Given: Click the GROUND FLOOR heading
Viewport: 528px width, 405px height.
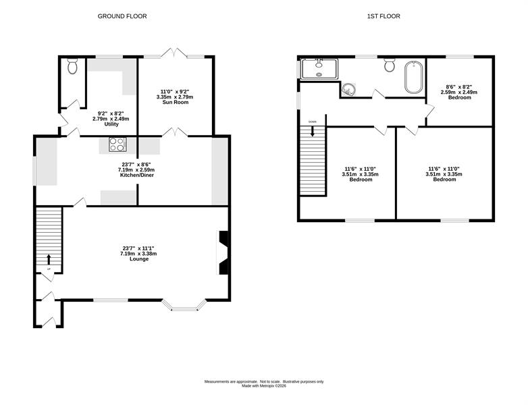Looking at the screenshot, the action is pos(122,16).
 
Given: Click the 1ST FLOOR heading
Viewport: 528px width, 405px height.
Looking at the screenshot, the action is pos(384,16).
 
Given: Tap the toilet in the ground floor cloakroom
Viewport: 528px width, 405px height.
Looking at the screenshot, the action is pos(72,66).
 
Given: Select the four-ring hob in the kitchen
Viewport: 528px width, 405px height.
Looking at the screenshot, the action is pos(117,144).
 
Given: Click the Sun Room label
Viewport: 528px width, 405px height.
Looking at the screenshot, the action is pos(176,103).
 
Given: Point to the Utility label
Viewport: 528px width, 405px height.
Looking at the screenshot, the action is pos(111,124).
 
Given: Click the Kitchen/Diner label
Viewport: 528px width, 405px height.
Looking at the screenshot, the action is pos(137,175).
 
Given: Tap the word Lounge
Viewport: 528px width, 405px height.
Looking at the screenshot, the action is pos(139,259).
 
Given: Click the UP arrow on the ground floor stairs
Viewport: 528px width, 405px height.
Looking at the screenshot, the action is pos(49,259).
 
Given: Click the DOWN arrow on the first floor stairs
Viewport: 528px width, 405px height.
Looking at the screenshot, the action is pos(313,131).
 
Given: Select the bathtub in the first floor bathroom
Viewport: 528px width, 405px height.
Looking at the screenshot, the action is pos(413,77).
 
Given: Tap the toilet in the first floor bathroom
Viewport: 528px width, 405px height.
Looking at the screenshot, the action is pos(390,65).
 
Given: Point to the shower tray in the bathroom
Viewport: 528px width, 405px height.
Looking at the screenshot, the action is pos(319,69).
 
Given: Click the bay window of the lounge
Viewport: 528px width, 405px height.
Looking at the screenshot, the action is pos(184,304).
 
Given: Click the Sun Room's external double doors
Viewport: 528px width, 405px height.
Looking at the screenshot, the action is pos(175,53).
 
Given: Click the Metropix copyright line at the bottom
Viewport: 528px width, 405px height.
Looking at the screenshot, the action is pos(264,386).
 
